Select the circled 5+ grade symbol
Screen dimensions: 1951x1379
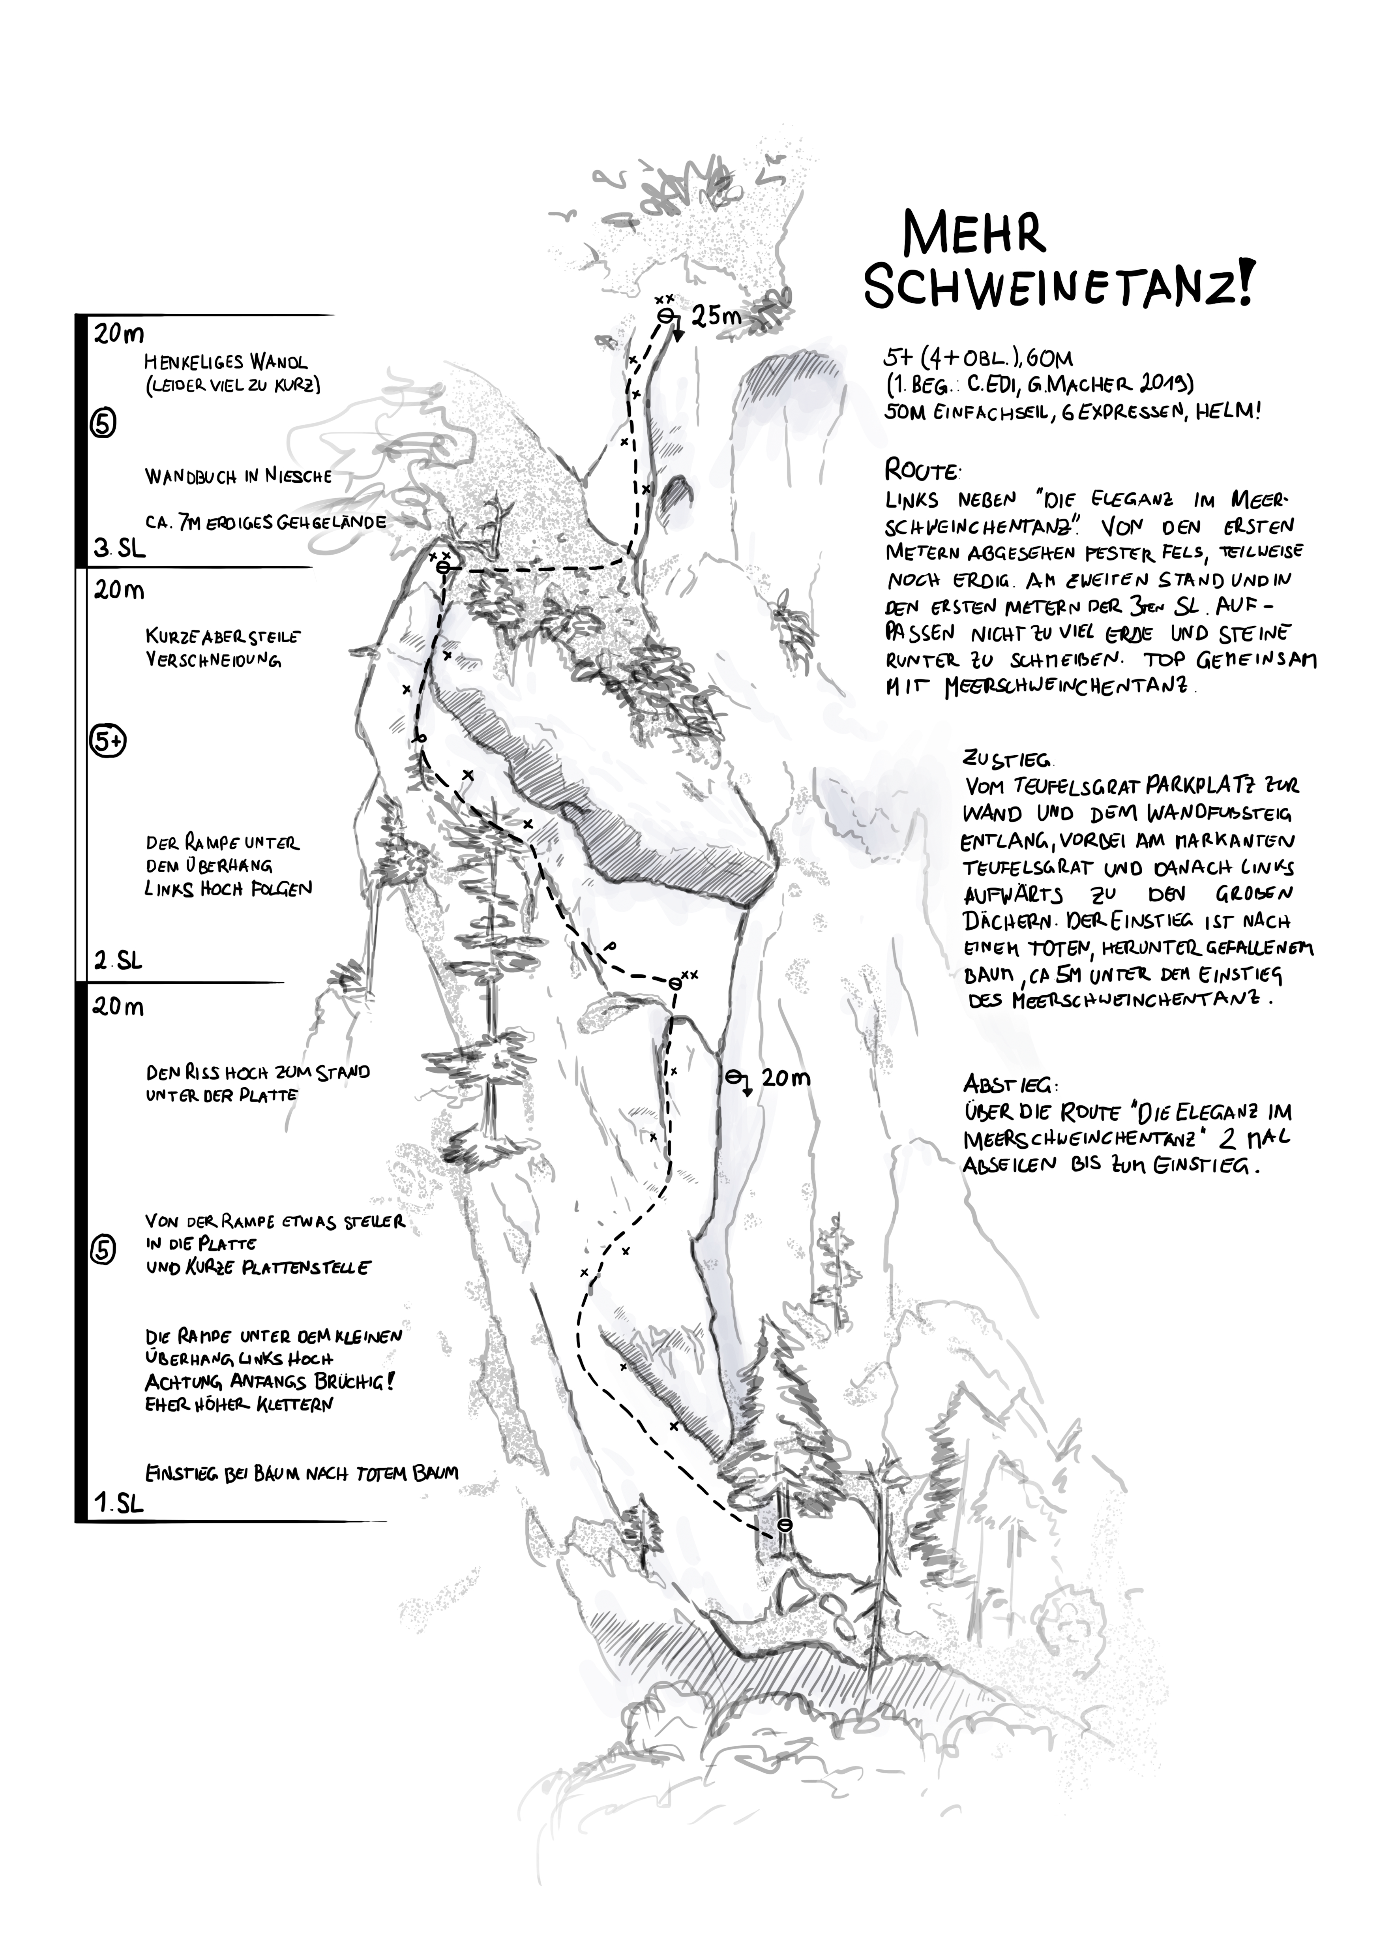tap(108, 742)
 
